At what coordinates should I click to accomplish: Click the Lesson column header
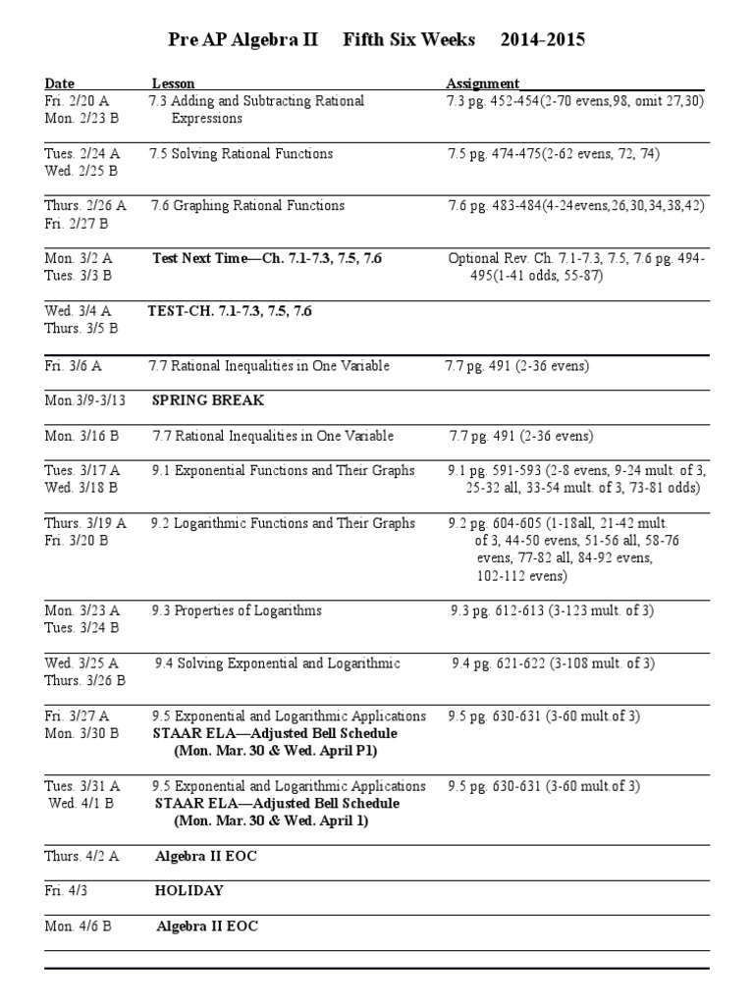[173, 83]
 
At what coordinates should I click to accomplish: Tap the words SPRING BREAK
[208, 400]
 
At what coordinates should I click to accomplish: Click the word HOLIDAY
[189, 890]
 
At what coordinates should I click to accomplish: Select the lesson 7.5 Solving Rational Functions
[241, 153]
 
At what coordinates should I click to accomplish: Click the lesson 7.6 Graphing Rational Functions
[247, 205]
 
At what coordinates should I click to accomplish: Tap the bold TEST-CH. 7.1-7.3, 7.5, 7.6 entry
[230, 310]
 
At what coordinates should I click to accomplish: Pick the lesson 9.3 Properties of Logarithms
[237, 610]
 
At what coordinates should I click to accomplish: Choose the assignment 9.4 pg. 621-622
[553, 663]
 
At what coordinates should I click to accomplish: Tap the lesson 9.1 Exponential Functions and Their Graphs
[283, 470]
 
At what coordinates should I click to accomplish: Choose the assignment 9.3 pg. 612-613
[552, 610]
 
